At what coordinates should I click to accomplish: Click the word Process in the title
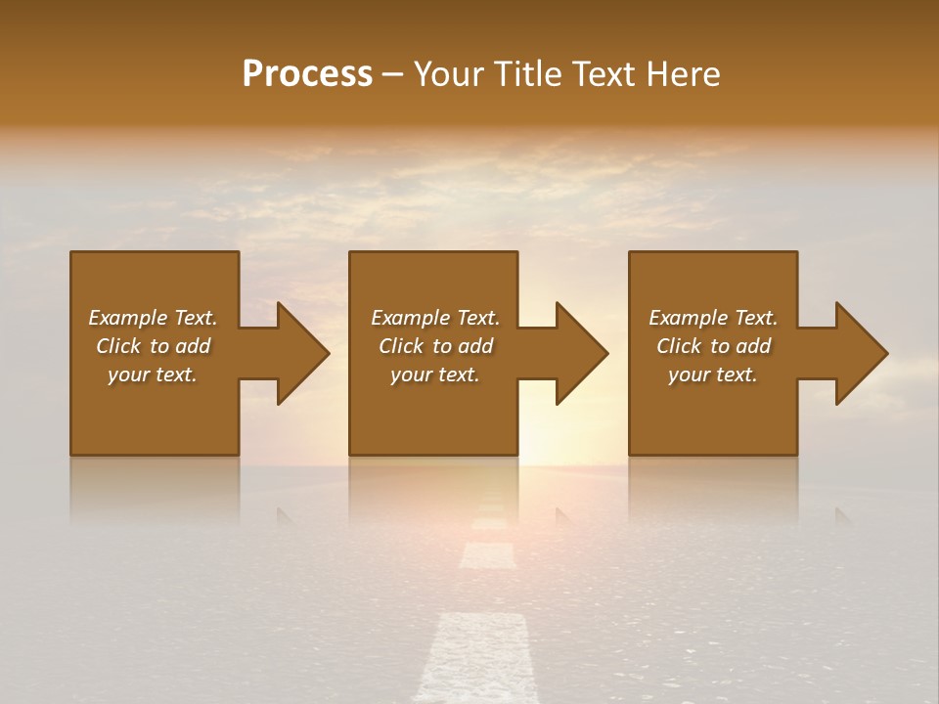(307, 74)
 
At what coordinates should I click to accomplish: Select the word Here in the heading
(683, 74)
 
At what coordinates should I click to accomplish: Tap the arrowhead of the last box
(860, 353)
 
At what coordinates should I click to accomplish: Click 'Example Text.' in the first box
(153, 318)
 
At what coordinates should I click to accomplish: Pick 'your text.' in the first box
(153, 374)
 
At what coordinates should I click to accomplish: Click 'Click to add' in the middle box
(435, 346)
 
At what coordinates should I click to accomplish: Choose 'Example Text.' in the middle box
(435, 318)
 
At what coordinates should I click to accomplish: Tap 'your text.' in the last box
(713, 374)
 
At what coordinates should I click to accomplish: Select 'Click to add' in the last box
(713, 346)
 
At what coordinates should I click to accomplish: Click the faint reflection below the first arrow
(289, 514)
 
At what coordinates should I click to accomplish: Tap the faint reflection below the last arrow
(843, 514)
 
